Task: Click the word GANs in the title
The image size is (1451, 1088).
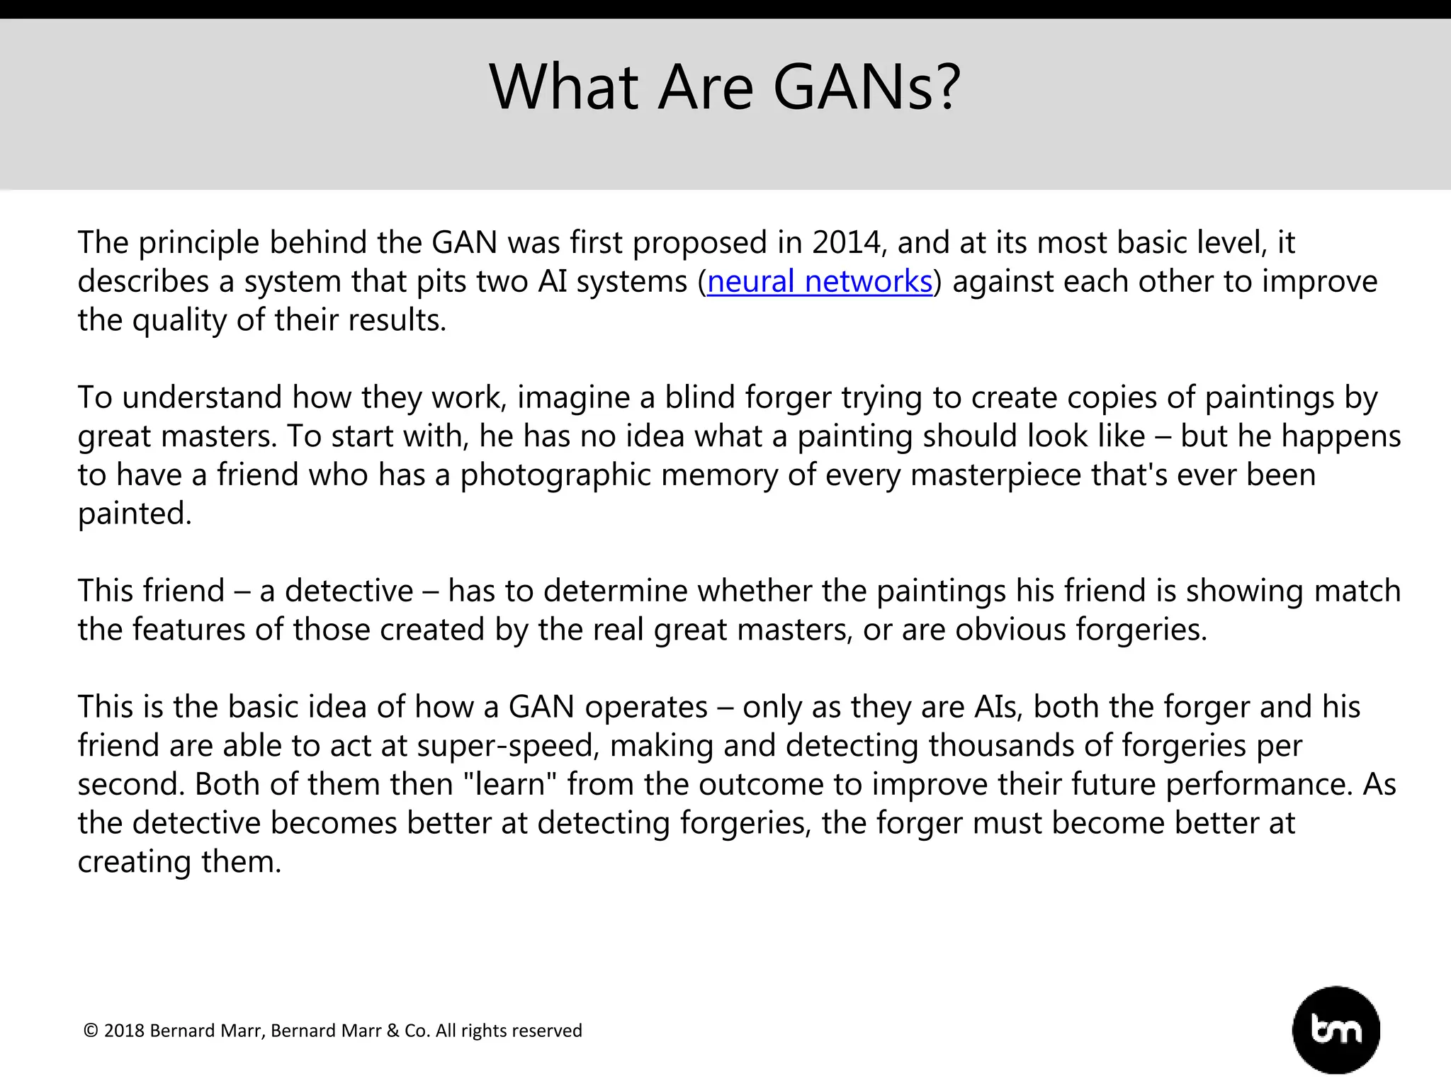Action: (866, 88)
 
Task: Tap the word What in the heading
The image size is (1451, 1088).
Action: (564, 88)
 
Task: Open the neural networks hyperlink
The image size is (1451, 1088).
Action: (820, 282)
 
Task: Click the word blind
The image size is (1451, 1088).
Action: (699, 397)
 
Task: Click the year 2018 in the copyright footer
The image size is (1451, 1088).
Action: (124, 1031)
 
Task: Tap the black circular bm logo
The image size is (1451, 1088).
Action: (1336, 1030)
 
